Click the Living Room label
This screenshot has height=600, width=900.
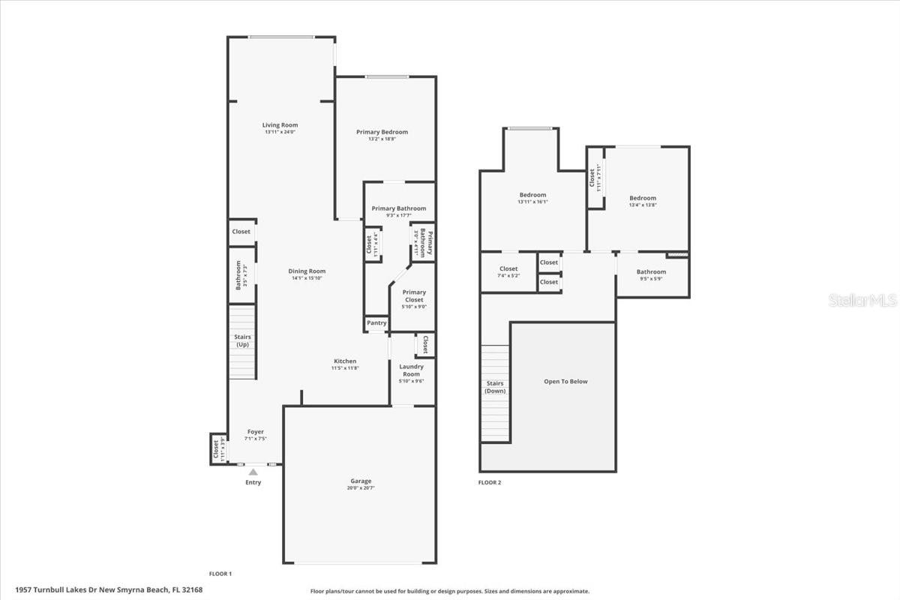coord(280,125)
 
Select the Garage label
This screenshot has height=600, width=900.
coord(361,481)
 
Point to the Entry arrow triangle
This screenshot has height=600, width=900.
coord(253,472)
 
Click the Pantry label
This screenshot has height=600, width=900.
coord(376,323)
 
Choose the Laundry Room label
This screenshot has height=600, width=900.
coord(411,370)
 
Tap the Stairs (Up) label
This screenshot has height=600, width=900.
coord(242,340)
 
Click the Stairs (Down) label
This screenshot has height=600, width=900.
coord(494,387)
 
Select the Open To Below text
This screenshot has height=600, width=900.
coord(565,381)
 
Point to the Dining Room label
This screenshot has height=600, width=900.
coord(307,271)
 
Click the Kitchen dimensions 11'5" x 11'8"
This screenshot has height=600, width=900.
coord(345,368)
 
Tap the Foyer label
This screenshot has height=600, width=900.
coord(255,432)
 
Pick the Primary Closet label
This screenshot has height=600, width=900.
coord(414,295)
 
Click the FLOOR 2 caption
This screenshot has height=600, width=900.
coord(490,482)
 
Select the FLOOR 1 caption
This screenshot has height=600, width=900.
coord(220,574)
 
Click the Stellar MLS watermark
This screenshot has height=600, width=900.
coord(862,301)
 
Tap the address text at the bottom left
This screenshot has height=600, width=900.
coord(109,589)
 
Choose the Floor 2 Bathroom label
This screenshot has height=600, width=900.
coord(651,271)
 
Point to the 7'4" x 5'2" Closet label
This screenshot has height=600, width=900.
coord(508,268)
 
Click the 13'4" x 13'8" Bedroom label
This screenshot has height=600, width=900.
coord(643,198)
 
